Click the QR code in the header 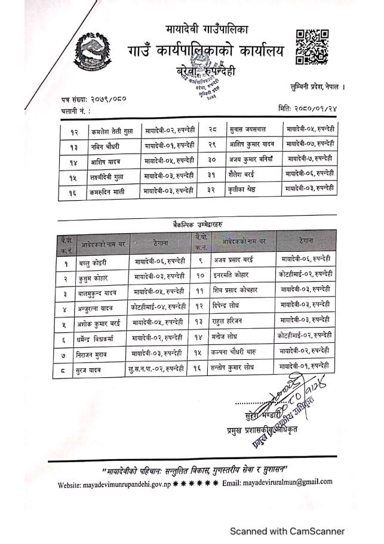(312, 47)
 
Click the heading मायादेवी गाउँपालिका (206, 29)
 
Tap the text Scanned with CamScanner (288, 530)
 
